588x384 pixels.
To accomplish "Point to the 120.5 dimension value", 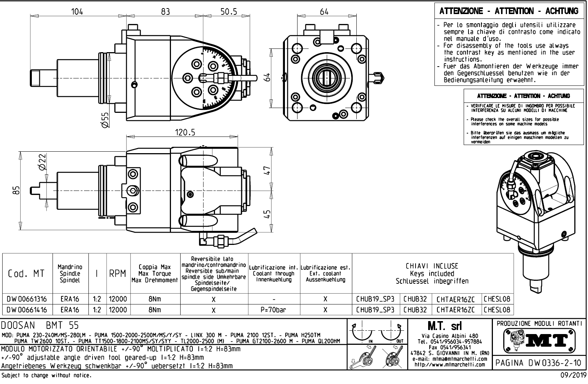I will point(185,132).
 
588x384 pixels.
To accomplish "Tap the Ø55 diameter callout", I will point(105,120).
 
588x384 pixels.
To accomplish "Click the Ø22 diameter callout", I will point(42,162).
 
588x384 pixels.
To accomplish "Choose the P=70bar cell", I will point(273,310).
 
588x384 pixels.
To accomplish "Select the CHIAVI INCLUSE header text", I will point(432,266).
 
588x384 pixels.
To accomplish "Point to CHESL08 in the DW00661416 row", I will point(497,310).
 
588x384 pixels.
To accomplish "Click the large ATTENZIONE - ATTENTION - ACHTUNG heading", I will point(508,11).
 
